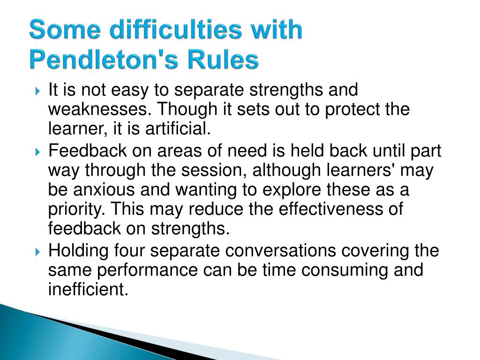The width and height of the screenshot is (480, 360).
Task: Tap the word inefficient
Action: (88, 289)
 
